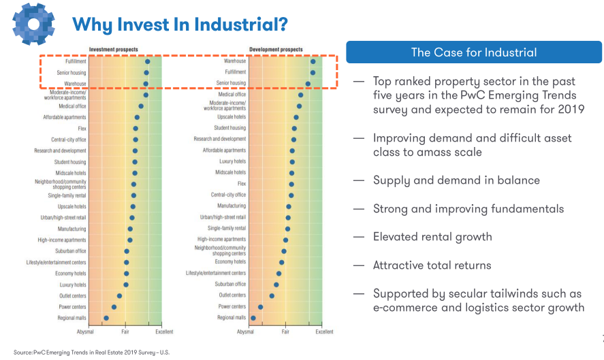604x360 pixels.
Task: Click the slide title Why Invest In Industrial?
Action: tap(180, 24)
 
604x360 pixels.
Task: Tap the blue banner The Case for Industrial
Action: tap(473, 52)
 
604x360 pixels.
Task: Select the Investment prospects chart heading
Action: tap(113, 50)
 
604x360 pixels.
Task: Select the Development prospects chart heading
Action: tap(276, 50)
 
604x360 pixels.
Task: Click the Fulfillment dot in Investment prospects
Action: tap(147, 61)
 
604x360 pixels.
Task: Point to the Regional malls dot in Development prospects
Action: tap(253, 318)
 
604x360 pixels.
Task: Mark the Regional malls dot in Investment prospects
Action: tap(106, 318)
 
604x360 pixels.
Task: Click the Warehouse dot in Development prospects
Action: tap(313, 61)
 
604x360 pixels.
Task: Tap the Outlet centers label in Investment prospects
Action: tap(71, 296)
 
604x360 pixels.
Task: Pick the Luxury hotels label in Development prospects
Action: tap(232, 161)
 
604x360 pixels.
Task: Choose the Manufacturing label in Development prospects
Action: tap(232, 206)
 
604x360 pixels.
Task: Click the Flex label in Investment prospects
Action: tap(82, 128)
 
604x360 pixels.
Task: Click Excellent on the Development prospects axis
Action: tap(324, 332)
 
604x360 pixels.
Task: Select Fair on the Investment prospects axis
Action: tap(125, 332)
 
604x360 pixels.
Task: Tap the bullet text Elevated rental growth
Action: tap(432, 237)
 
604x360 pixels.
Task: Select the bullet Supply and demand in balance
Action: tap(456, 180)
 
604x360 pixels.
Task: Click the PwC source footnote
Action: tap(91, 353)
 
